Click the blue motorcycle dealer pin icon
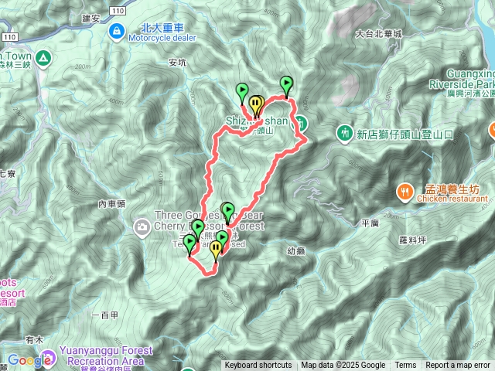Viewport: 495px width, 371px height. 116,31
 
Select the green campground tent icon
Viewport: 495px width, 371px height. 42,57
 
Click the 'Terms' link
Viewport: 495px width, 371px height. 405,366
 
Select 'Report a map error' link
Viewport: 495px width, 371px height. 458,366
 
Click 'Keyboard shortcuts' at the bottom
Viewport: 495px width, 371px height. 258,366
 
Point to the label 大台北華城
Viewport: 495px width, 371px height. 379,34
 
